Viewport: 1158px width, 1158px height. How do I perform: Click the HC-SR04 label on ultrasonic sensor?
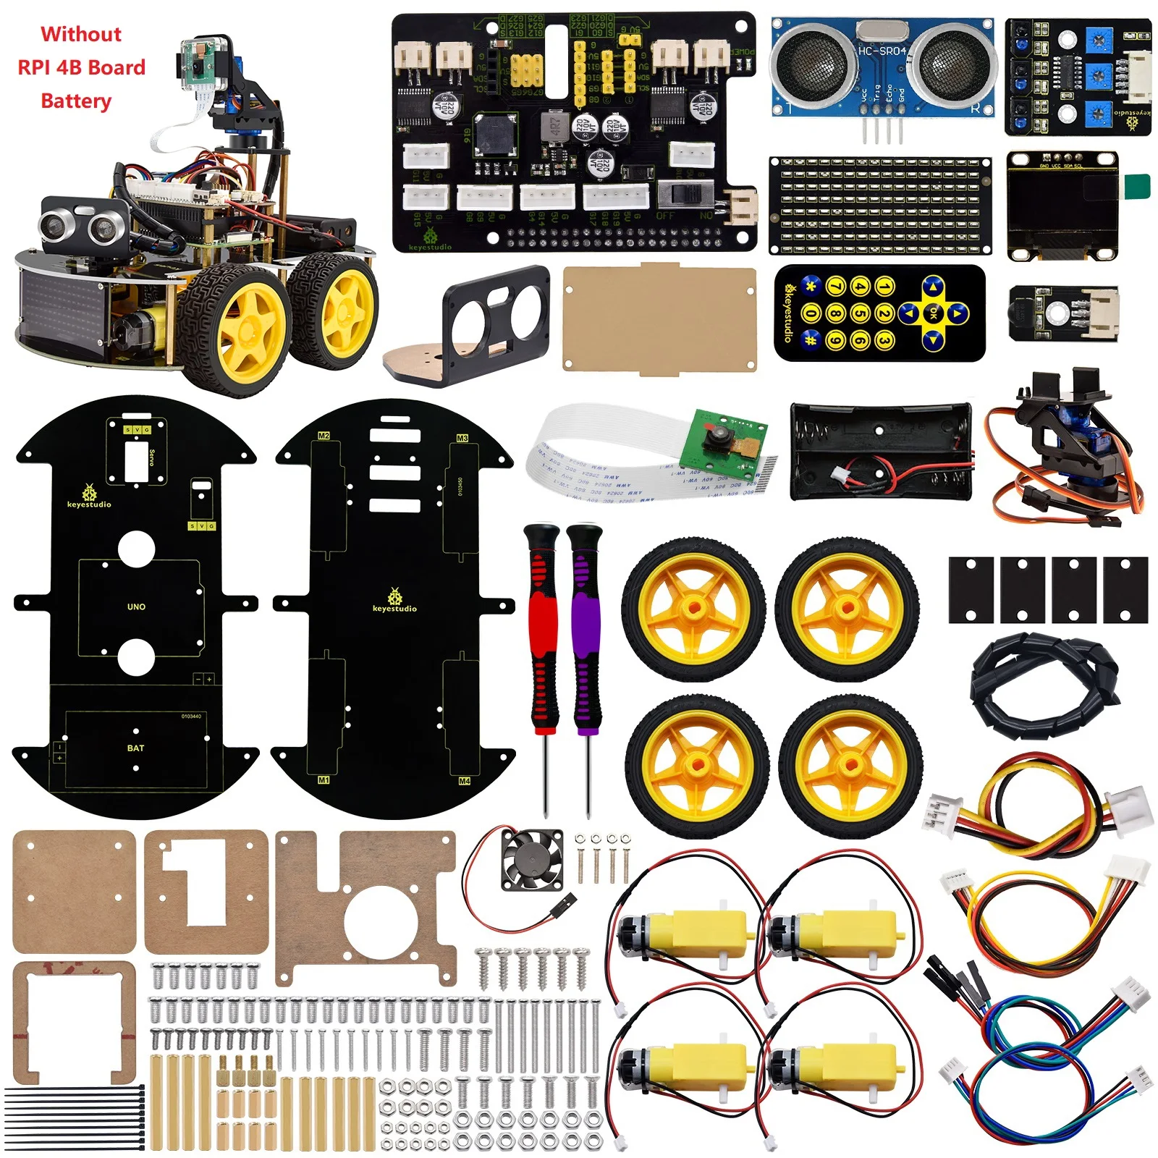[881, 51]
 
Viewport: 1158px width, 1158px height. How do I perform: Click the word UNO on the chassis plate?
[136, 607]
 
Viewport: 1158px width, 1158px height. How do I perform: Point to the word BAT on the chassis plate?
[135, 748]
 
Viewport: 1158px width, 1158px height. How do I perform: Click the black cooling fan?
[533, 859]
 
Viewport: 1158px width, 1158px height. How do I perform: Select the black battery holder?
[880, 452]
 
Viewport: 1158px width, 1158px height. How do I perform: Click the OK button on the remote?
[934, 313]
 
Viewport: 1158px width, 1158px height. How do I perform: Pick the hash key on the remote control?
[811, 339]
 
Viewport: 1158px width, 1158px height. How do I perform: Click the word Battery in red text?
[76, 101]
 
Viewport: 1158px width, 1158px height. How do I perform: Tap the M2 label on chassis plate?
[324, 436]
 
